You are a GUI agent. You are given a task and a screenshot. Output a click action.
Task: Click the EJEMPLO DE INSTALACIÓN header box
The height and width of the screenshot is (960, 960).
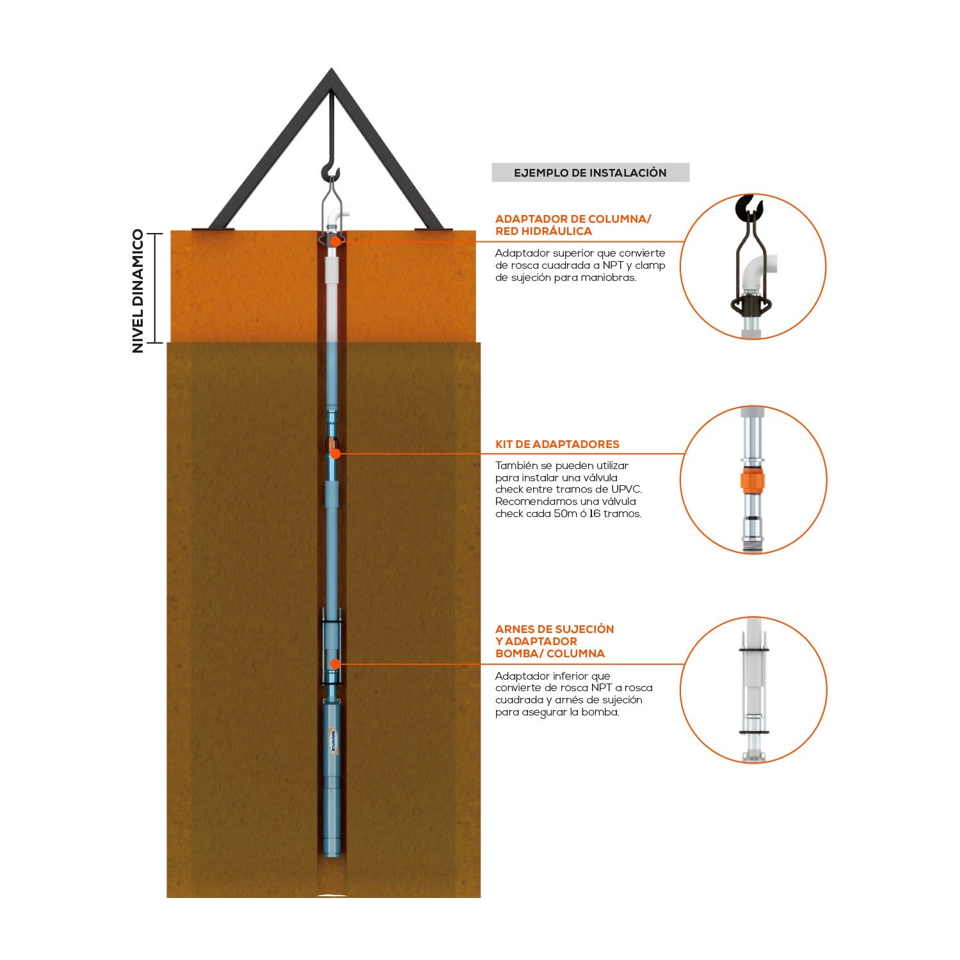590,173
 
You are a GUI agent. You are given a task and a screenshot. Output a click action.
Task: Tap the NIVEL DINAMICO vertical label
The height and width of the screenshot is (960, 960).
138,291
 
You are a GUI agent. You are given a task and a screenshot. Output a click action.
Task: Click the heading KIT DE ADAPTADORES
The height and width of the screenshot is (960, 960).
557,444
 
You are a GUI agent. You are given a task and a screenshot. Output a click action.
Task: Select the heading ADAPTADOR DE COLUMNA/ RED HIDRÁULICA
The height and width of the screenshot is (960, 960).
573,225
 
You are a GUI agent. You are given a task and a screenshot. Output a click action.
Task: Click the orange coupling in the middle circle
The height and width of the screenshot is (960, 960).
753,480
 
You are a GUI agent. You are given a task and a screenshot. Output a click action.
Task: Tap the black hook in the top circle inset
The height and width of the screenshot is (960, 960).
749,206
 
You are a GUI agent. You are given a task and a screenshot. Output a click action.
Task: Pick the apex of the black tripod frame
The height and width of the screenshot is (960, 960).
331,69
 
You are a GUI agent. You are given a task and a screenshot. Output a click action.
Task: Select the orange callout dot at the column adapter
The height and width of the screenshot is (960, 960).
335,241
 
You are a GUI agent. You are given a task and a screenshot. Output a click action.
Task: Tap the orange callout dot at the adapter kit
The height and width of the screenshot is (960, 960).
335,453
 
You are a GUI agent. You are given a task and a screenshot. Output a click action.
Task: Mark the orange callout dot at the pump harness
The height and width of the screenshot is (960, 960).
334,664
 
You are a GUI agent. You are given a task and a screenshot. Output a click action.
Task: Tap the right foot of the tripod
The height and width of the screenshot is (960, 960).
433,228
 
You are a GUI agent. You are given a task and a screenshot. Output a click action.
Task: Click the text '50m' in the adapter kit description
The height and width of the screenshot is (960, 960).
566,514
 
